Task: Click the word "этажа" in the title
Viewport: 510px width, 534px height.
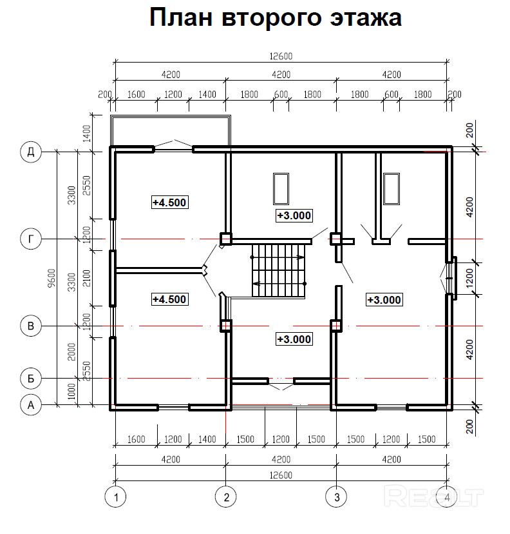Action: point(366,17)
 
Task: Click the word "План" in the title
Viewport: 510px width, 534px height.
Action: point(181,17)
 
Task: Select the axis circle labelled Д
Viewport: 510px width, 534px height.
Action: point(31,152)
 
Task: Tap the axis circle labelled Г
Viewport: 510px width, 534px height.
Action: point(31,239)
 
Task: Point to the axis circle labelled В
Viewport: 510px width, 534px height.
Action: point(31,326)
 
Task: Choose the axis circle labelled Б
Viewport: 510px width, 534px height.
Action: point(31,379)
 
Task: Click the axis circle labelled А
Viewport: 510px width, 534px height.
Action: point(31,405)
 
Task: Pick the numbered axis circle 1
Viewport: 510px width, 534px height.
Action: point(116,497)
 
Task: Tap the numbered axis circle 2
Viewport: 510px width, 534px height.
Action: point(226,497)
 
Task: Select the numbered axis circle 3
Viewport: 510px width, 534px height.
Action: point(336,497)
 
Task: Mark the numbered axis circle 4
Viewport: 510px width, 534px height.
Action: point(447,497)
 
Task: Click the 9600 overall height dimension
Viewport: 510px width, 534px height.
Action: point(52,278)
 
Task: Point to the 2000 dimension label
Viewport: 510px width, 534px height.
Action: point(71,351)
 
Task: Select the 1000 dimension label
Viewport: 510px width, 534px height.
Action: point(71,391)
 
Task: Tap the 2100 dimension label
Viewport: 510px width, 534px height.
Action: point(88,278)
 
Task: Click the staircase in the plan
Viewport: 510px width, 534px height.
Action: point(278,271)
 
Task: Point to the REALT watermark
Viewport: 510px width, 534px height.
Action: point(433,497)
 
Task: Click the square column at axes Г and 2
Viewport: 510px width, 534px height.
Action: point(226,239)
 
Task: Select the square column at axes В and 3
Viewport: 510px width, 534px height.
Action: point(336,326)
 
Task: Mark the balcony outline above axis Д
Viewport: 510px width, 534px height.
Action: point(171,117)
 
